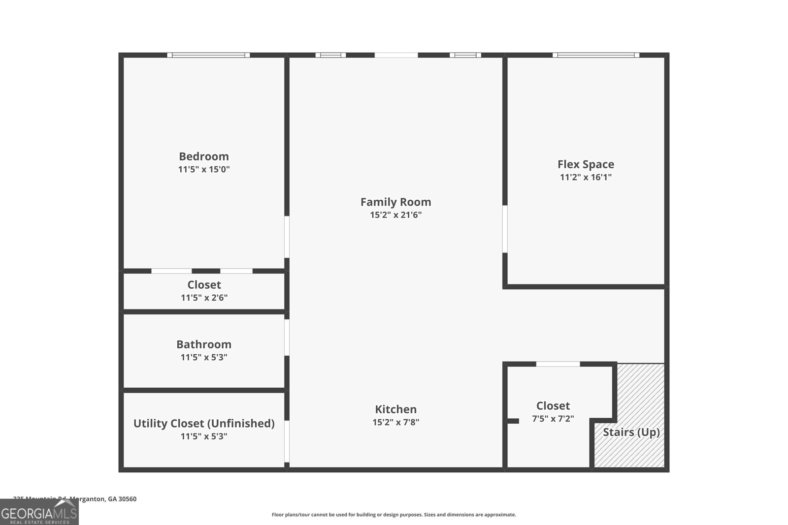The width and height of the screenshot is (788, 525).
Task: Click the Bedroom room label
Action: click(x=204, y=156)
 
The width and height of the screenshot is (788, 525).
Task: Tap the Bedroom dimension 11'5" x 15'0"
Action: click(x=204, y=170)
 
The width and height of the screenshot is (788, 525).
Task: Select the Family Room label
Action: click(x=395, y=202)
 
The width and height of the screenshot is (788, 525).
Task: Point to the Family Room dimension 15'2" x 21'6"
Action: click(x=395, y=215)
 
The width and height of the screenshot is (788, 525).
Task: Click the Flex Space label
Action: click(x=586, y=164)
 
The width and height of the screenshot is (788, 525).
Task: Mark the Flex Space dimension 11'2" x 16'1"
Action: click(x=586, y=178)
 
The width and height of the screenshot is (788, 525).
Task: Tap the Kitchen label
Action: click(x=395, y=409)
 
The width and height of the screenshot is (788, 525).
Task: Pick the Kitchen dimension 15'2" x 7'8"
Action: click(x=395, y=422)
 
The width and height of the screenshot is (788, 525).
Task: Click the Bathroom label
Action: click(x=204, y=344)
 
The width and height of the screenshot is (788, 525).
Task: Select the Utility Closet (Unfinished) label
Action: click(x=204, y=423)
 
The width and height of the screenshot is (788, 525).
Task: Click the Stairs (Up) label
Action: click(x=631, y=432)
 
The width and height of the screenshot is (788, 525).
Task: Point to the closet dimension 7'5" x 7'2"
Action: click(x=553, y=419)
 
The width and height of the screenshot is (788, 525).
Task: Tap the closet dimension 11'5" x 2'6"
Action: click(x=204, y=298)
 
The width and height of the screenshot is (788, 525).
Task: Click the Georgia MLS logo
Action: click(x=39, y=513)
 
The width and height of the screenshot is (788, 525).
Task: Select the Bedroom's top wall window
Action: click(x=208, y=55)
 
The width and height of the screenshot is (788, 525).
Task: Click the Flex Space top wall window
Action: click(x=596, y=55)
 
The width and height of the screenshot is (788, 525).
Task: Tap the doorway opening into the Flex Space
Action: click(x=505, y=229)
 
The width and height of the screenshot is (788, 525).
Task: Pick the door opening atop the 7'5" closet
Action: click(x=558, y=364)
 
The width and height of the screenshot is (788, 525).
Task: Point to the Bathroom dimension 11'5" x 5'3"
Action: click(x=204, y=358)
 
